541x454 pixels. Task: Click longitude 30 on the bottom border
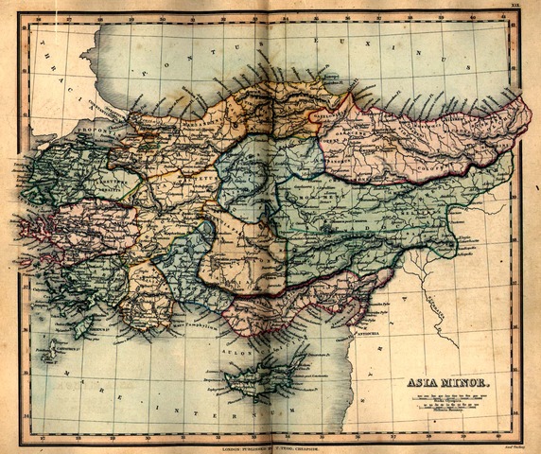click(x=148, y=438)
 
